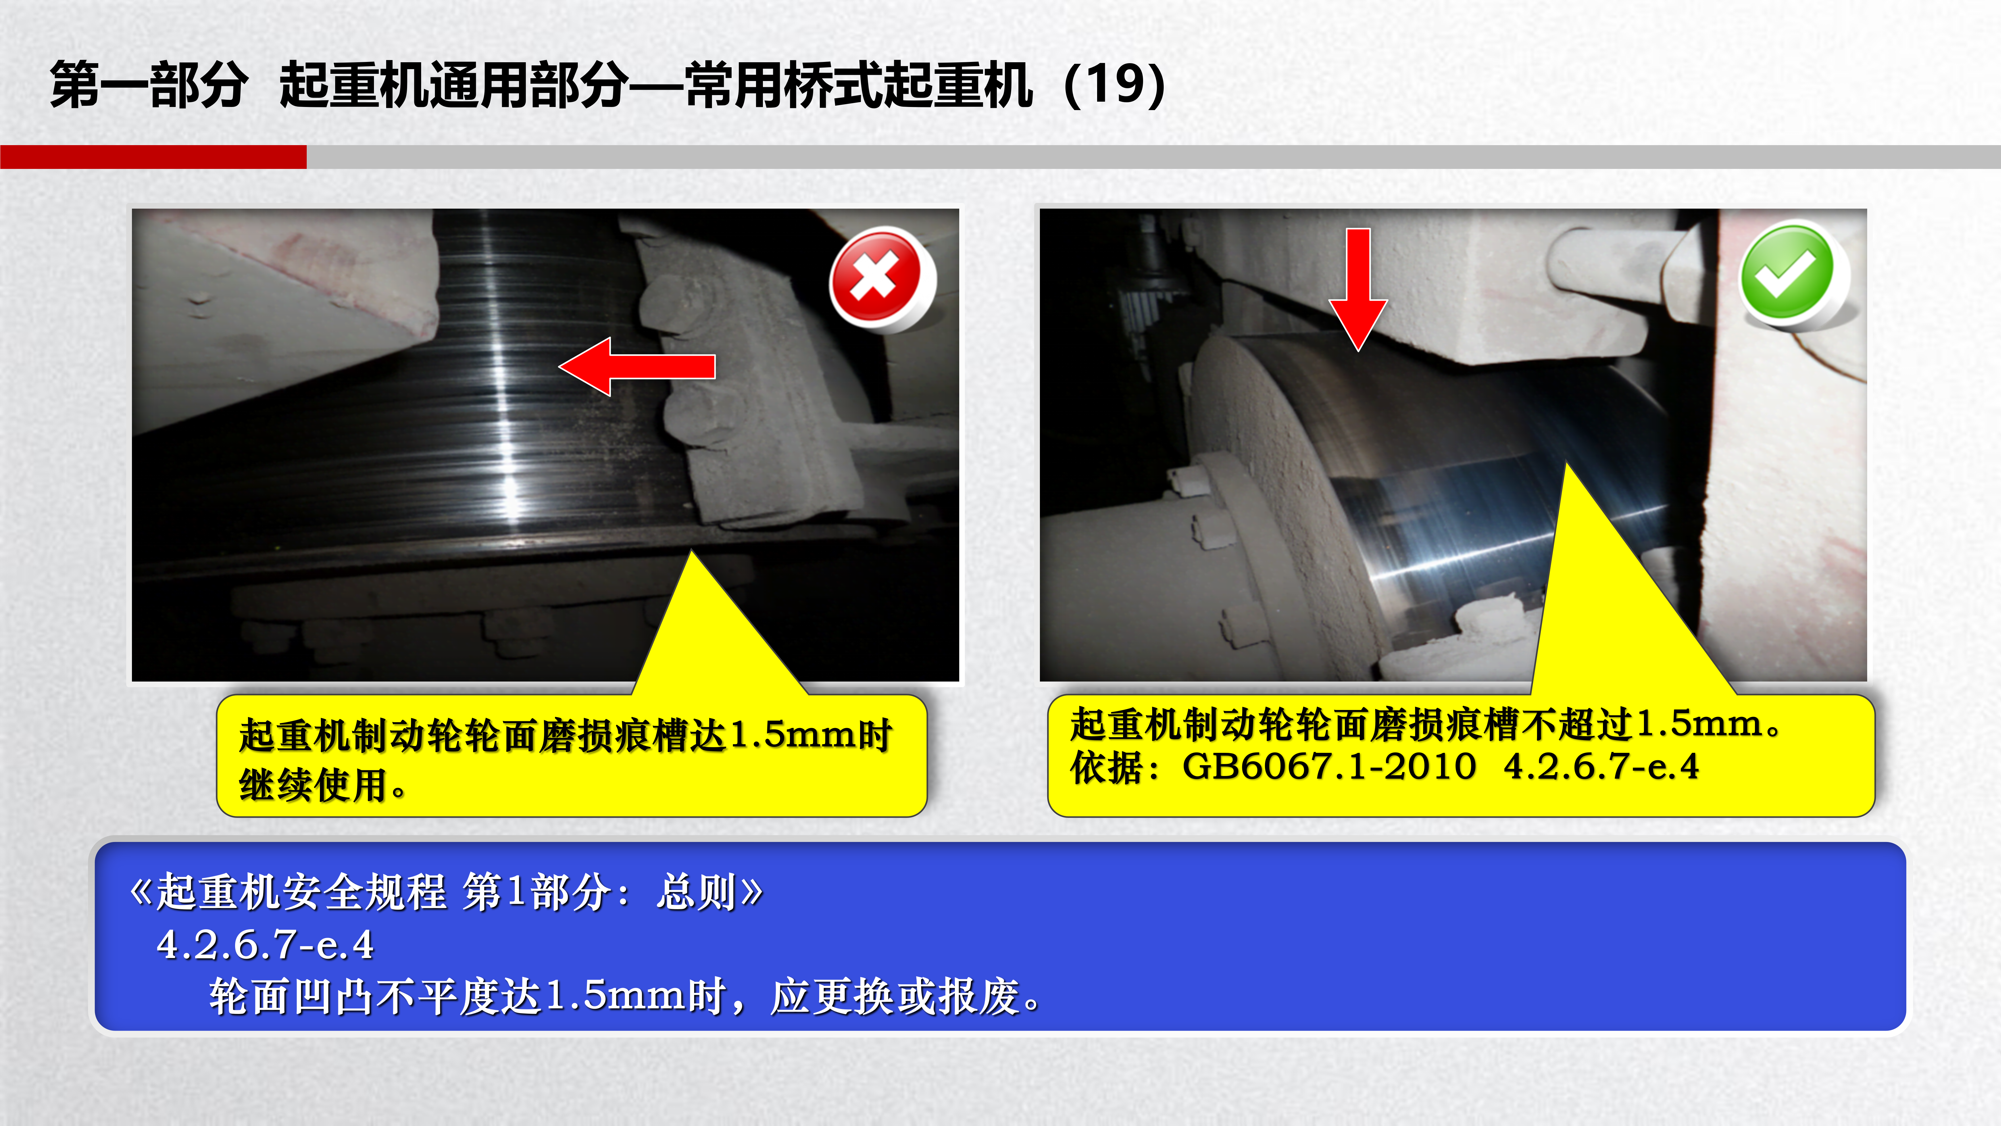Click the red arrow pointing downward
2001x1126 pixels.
click(1358, 289)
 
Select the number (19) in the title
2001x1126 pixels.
click(1115, 84)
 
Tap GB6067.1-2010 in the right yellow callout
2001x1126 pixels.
click(1329, 767)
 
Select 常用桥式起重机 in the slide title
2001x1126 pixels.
click(858, 84)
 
